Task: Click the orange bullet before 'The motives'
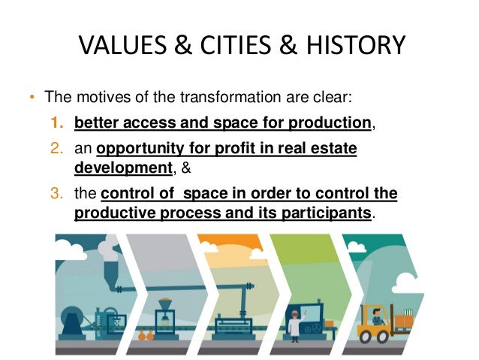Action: pyautogui.click(x=32, y=98)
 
